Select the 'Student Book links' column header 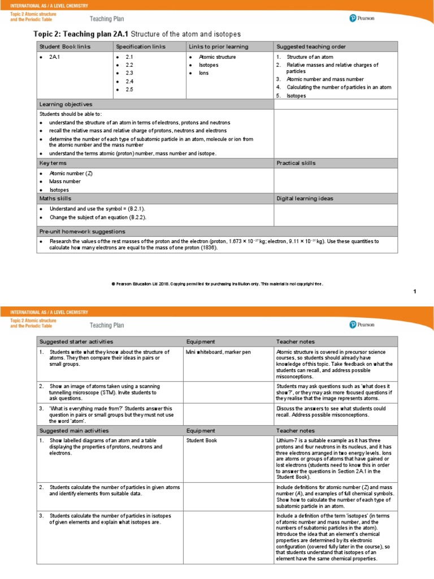point(64,46)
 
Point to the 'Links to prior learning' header point(218,46)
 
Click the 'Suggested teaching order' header point(311,46)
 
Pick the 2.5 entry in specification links point(129,90)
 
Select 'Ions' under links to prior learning point(203,74)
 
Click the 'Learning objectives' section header point(66,105)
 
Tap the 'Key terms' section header point(53,163)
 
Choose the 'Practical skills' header point(296,163)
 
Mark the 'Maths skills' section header point(55,198)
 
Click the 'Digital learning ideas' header point(305,198)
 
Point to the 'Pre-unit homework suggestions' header point(82,232)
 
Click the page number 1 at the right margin point(414,291)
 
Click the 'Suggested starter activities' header point(76,342)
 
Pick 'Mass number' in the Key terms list point(65,182)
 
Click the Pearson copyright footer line point(217,284)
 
